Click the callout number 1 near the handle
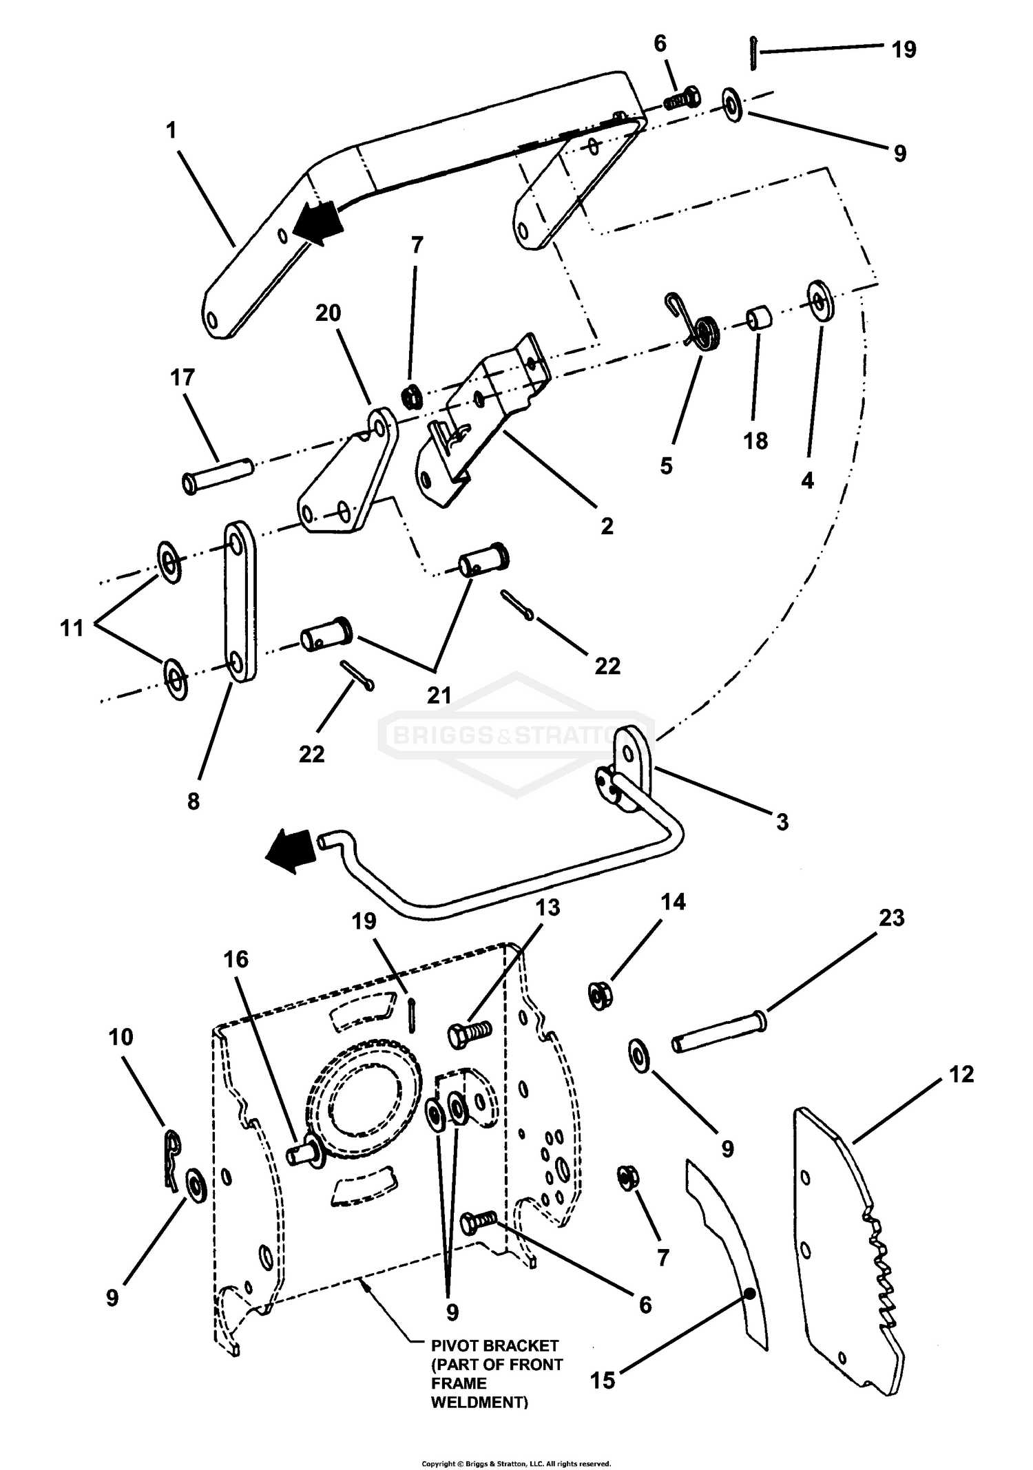171,130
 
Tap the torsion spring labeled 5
702,331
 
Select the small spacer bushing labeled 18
759,320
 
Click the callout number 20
328,313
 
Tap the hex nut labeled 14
601,996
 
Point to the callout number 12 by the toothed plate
961,1074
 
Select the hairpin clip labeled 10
171,1159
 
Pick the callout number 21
439,695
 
